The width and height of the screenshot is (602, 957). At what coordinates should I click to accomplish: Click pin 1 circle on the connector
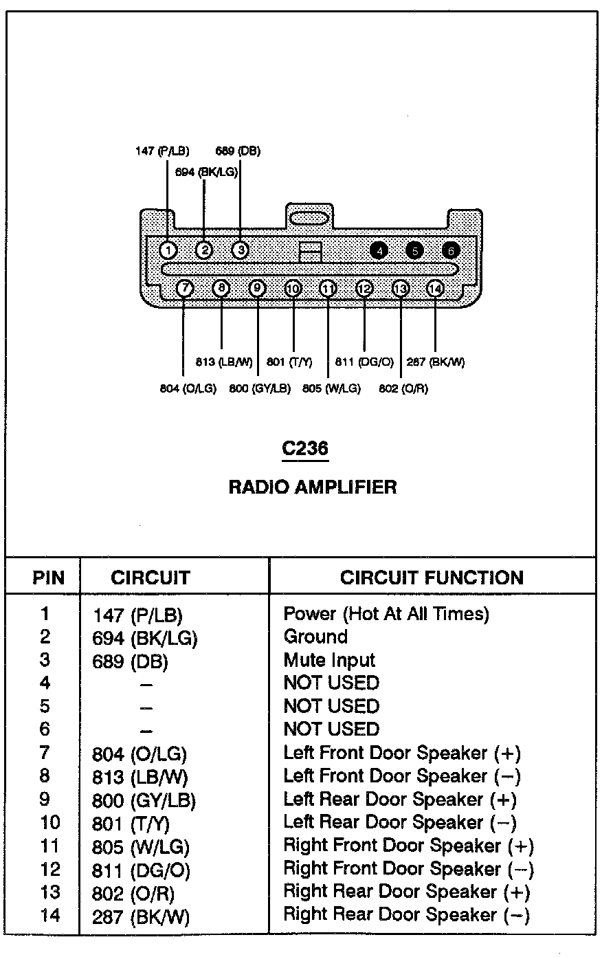tap(168, 250)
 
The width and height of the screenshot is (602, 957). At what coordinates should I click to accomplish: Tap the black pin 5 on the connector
tap(414, 251)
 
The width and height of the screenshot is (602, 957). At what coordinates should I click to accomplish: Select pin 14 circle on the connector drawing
tap(435, 289)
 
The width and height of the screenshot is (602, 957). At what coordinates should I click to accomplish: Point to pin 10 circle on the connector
tap(293, 289)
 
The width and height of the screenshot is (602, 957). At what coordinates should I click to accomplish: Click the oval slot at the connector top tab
tap(309, 219)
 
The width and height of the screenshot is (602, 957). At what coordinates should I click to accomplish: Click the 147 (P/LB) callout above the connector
tap(162, 151)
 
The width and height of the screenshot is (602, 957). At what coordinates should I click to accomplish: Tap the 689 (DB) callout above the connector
tap(238, 151)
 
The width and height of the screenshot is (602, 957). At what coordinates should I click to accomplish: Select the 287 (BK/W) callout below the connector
tap(436, 362)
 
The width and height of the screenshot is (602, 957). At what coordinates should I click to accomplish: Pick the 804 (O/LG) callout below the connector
tap(188, 388)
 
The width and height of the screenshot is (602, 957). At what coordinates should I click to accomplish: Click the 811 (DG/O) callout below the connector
tap(364, 362)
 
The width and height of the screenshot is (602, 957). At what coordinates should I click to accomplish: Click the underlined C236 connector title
tap(305, 448)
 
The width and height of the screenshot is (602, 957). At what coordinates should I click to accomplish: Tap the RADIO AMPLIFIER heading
tap(313, 487)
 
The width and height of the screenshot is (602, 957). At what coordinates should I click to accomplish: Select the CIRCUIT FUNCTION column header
tap(432, 577)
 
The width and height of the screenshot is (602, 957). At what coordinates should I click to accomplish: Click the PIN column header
tap(48, 578)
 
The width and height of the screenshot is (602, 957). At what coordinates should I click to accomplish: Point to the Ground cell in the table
tap(315, 637)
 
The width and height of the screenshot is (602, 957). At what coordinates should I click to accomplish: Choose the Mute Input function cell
tap(329, 661)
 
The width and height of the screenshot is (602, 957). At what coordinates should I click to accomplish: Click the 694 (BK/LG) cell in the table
tap(145, 638)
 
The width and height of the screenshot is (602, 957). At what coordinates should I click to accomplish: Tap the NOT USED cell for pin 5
tap(331, 706)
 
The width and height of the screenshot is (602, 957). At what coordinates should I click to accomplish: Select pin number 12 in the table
tap(50, 870)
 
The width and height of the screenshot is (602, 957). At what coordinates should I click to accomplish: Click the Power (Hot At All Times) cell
tap(386, 614)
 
